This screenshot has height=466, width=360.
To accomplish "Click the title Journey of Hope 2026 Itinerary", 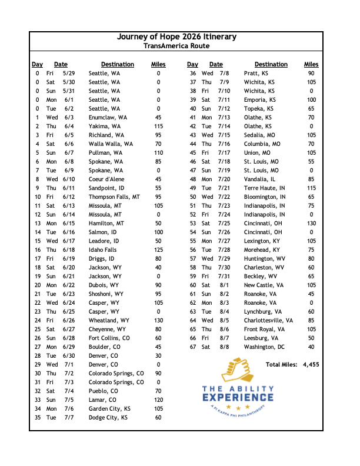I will pos(176,36).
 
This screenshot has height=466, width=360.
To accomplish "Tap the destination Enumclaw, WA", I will pos(108,118).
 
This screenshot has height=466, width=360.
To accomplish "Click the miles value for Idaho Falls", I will pos(158,250).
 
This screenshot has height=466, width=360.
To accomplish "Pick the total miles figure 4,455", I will pos(311,365).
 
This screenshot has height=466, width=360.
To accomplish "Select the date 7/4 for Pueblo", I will pos(68,391).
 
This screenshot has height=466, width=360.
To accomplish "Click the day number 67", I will pos(192,347).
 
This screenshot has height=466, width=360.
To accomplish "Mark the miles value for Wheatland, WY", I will pos(158,321).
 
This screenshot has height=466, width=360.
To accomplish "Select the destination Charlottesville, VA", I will pos(269,321).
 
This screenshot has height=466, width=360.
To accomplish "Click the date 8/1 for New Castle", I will pos(224,285).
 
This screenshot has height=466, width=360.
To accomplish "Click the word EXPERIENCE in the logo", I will pos(237,399).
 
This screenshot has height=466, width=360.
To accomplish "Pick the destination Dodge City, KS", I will pos(108,418).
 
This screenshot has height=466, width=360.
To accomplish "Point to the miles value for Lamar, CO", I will pos(158,400).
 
